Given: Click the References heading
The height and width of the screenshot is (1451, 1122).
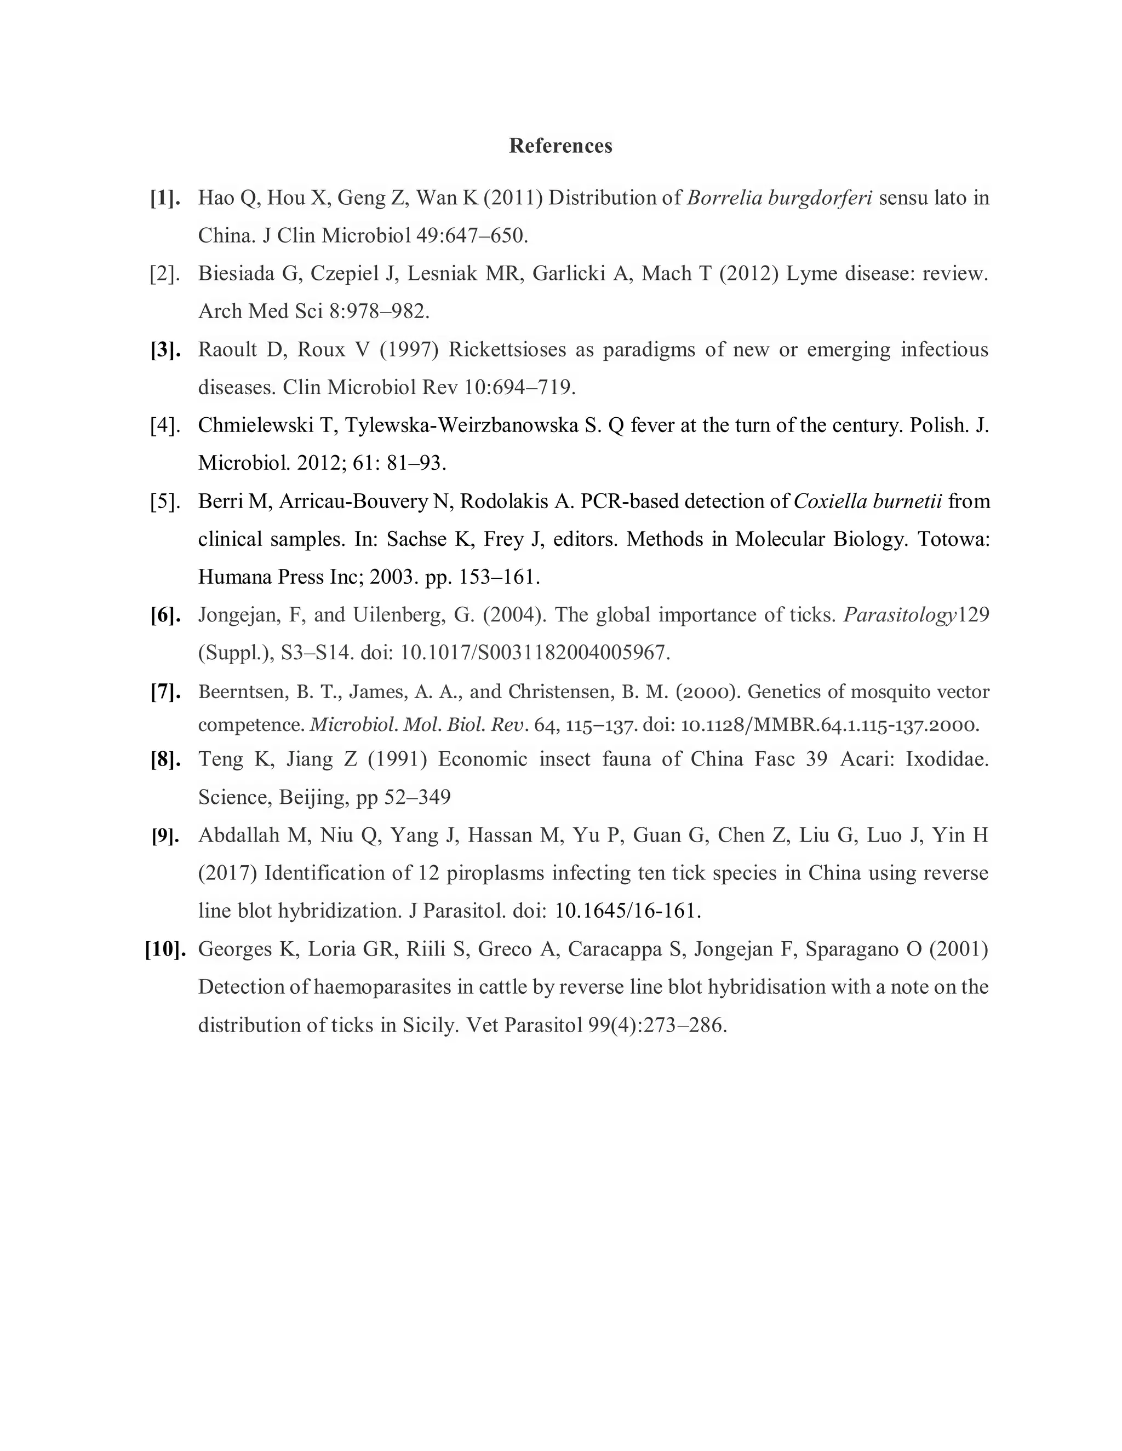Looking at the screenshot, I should click(x=560, y=146).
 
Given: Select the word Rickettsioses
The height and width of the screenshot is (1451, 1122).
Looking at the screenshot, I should click(x=507, y=349).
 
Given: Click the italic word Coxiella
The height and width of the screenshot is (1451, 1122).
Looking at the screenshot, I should click(x=826, y=501).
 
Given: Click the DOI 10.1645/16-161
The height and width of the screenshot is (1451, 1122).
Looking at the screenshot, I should click(x=627, y=911).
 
